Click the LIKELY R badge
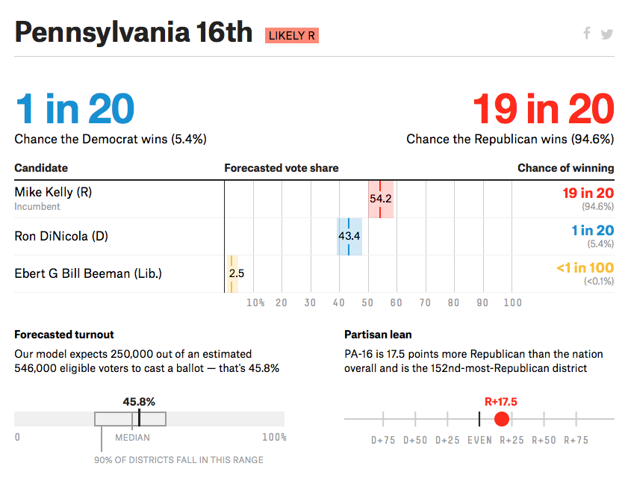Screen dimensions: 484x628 point(291,35)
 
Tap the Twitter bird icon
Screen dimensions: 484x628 point(606,34)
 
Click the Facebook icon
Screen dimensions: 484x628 point(587,33)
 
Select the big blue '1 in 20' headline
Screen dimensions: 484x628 point(75,109)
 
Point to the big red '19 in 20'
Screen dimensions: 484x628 point(543,109)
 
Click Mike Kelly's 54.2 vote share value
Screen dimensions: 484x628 point(380,199)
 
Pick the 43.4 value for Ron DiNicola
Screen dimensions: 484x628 point(349,236)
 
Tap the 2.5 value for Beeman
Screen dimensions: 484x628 point(236,273)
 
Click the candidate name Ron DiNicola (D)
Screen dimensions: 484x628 point(61,236)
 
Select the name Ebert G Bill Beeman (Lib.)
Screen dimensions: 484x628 point(88,273)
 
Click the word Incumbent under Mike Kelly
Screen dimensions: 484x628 point(37,206)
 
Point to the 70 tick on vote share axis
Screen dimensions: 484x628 point(425,302)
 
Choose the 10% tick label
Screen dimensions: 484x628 point(255,302)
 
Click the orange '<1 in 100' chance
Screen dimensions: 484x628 point(585,267)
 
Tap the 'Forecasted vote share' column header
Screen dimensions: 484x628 point(281,168)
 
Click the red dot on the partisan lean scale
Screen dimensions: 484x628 point(502,418)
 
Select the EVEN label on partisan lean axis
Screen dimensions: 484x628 point(479,440)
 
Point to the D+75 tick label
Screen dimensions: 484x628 point(383,440)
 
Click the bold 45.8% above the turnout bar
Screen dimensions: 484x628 point(139,401)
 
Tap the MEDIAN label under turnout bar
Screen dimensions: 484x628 point(132,438)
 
